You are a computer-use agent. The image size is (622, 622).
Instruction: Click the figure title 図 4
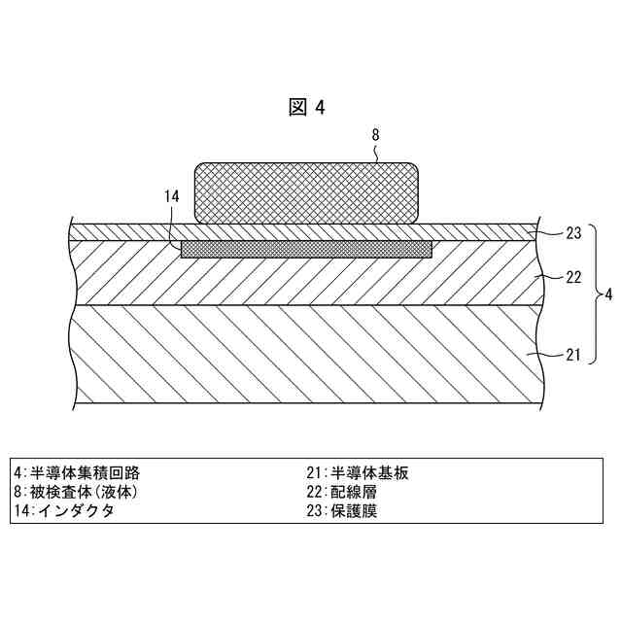click(307, 108)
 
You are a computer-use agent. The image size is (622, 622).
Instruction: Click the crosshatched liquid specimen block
click(308, 191)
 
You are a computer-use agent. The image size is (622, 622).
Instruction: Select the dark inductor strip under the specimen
click(307, 250)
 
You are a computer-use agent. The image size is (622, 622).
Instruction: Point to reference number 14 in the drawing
click(172, 196)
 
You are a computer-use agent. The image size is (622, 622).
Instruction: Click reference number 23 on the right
click(573, 233)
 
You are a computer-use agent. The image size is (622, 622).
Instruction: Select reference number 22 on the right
click(573, 277)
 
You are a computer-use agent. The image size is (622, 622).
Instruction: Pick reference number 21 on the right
click(573, 355)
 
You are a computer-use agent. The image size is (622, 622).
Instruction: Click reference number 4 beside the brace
click(608, 294)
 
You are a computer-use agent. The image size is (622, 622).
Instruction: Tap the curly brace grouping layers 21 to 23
click(594, 294)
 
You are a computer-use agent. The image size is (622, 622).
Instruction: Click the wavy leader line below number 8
click(376, 153)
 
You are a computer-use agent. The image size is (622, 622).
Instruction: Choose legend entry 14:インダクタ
click(64, 510)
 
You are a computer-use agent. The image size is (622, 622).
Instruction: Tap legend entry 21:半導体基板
click(358, 473)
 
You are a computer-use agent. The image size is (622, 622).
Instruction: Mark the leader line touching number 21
click(546, 356)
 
